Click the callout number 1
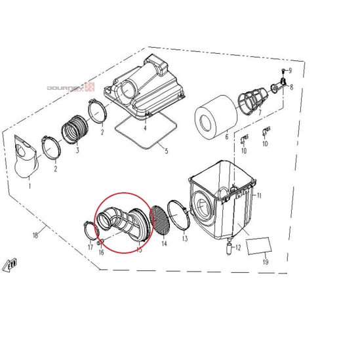click(x=29, y=186)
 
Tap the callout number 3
click(x=77, y=150)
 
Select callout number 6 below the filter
click(x=227, y=136)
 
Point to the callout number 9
click(x=289, y=71)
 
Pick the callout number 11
click(x=259, y=195)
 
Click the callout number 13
click(x=186, y=239)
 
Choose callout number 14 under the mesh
click(x=164, y=243)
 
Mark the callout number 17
click(x=90, y=247)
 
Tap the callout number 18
click(x=35, y=233)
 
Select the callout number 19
click(x=265, y=262)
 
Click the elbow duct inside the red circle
click(x=121, y=224)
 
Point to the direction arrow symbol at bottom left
click(x=10, y=265)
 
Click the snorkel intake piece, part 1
click(x=26, y=158)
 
